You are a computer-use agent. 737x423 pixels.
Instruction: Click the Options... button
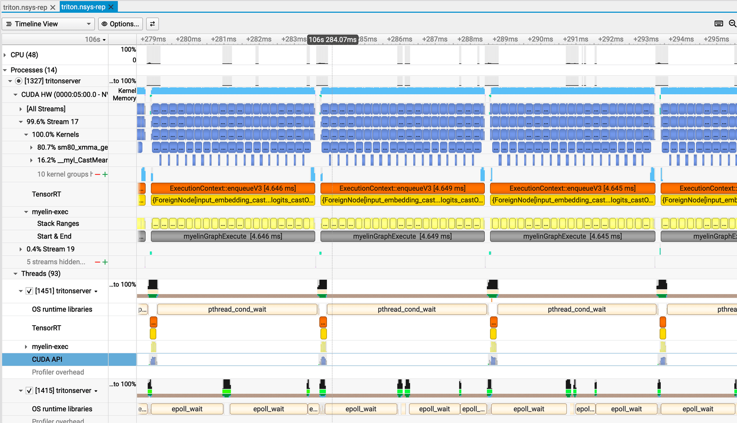click(x=121, y=24)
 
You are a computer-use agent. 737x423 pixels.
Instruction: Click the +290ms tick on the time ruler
click(x=540, y=39)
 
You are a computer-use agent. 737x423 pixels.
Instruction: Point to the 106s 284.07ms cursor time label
click(x=333, y=39)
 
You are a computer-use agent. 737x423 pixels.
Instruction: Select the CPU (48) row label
click(x=24, y=55)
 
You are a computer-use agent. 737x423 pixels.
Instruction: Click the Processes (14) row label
click(x=33, y=70)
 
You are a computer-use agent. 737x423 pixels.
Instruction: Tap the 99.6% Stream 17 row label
click(x=52, y=121)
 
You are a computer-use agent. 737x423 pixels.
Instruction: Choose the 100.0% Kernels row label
click(x=55, y=135)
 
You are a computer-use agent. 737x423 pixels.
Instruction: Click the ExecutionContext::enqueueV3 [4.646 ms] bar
click(x=233, y=188)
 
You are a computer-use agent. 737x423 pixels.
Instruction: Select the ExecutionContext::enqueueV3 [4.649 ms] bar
click(x=402, y=188)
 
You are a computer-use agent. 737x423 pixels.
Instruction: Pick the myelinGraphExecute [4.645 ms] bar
click(x=572, y=236)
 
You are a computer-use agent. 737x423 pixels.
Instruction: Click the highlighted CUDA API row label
click(x=47, y=359)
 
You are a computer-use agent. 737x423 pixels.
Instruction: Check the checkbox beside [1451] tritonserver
click(x=29, y=291)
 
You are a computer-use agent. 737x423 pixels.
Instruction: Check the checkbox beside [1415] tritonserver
click(x=29, y=391)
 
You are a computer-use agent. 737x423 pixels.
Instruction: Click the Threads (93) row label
click(x=41, y=274)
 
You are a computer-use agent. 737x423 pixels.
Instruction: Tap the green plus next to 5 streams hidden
click(x=105, y=262)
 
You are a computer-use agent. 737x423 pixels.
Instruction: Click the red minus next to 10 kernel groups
click(x=97, y=174)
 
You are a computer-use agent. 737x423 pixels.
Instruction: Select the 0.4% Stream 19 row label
click(x=50, y=249)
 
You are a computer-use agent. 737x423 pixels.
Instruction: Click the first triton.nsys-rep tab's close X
click(x=53, y=7)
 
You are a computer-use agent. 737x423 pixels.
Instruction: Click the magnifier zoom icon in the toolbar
click(x=732, y=24)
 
